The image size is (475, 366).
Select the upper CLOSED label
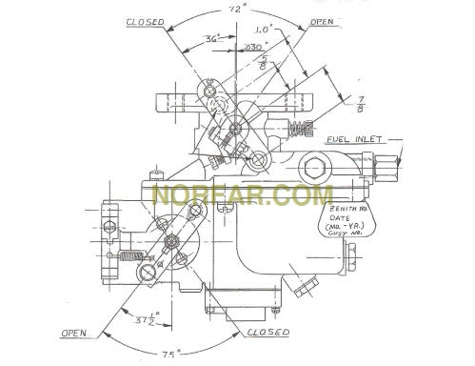(144, 20)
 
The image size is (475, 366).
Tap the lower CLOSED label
(269, 334)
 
